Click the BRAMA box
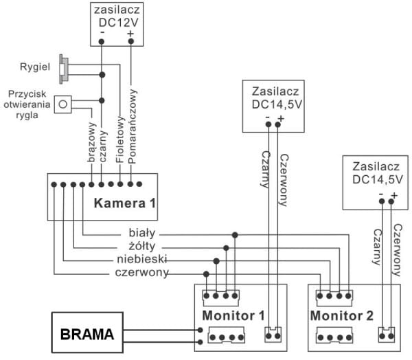(88, 335)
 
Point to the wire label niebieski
(135, 260)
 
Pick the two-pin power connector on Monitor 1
(273, 335)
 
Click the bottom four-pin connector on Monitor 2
(333, 337)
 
